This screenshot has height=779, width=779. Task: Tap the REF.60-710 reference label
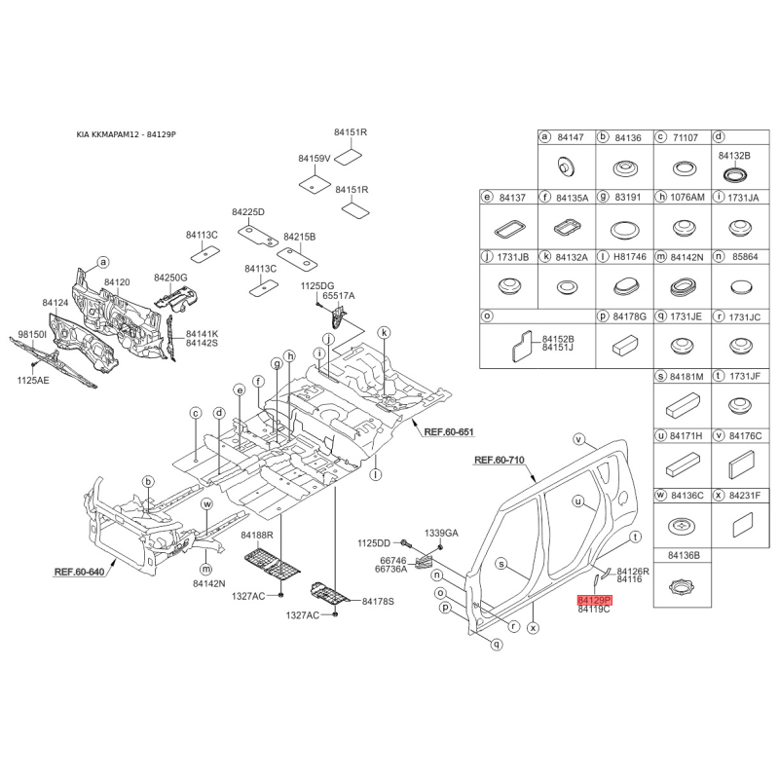point(499,460)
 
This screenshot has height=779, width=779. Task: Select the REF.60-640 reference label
point(78,573)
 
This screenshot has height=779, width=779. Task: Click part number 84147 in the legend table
point(571,138)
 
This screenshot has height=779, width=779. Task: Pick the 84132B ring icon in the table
point(734,174)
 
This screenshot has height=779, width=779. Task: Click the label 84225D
point(248,212)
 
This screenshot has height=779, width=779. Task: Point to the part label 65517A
point(339,295)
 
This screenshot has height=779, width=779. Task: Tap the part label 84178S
point(378,602)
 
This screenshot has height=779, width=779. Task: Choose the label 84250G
point(169,278)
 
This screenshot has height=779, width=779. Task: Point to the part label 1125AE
point(32,381)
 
